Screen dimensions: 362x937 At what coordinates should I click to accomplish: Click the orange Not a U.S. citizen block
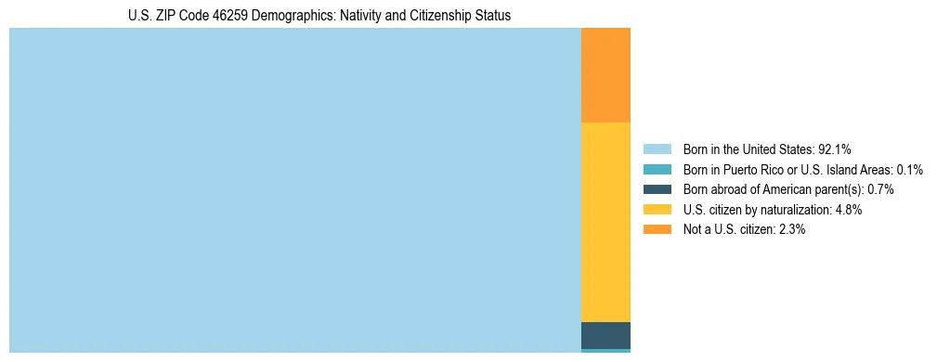(x=605, y=75)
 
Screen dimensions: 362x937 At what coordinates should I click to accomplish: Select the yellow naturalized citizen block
(x=605, y=222)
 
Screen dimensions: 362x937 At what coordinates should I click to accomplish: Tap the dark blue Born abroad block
(x=605, y=335)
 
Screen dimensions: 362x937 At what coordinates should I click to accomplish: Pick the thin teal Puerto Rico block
(x=605, y=351)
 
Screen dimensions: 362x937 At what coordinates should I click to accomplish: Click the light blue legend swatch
(x=657, y=149)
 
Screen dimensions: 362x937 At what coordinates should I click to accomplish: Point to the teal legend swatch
(x=657, y=170)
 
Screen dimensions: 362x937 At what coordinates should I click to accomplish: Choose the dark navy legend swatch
(x=657, y=189)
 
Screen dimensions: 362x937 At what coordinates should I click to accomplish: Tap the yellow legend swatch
(x=657, y=210)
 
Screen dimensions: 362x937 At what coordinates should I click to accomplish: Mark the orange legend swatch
(x=657, y=229)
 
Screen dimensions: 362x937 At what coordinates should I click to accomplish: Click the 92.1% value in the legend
(x=834, y=149)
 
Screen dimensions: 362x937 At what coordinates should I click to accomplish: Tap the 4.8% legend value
(x=848, y=210)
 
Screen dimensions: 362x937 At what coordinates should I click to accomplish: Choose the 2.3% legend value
(x=791, y=229)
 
